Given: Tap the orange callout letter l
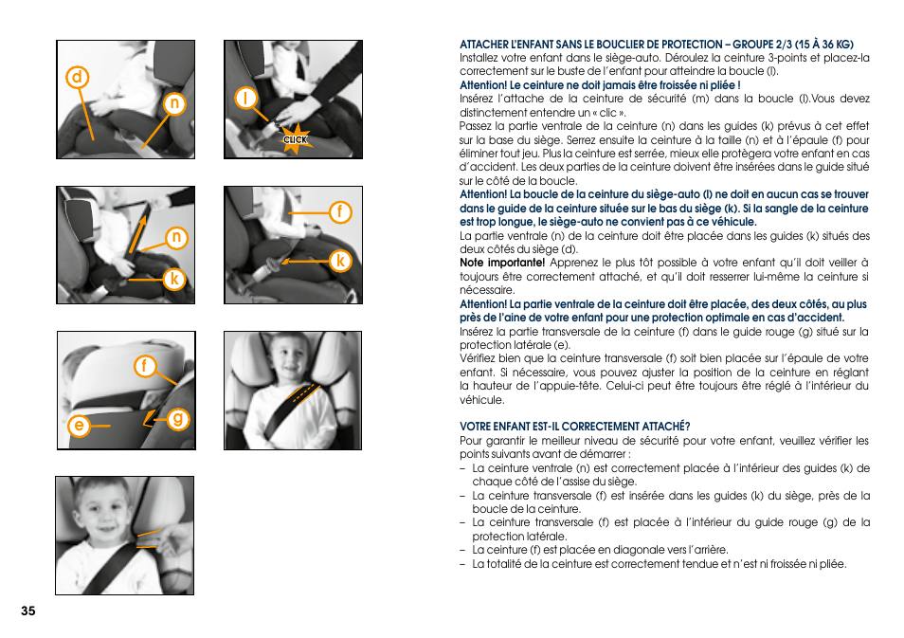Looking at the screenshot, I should tap(245, 98).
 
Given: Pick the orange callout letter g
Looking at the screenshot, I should tap(177, 419).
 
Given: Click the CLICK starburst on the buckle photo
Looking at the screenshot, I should tap(296, 138).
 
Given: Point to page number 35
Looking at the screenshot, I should tap(27, 611).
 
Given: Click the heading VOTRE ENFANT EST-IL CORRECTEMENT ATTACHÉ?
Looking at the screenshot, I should tap(574, 427).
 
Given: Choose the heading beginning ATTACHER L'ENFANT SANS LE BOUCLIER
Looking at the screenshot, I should tap(656, 44).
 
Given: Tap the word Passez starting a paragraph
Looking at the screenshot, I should tap(478, 126).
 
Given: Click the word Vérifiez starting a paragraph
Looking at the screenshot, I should tap(480, 358).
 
